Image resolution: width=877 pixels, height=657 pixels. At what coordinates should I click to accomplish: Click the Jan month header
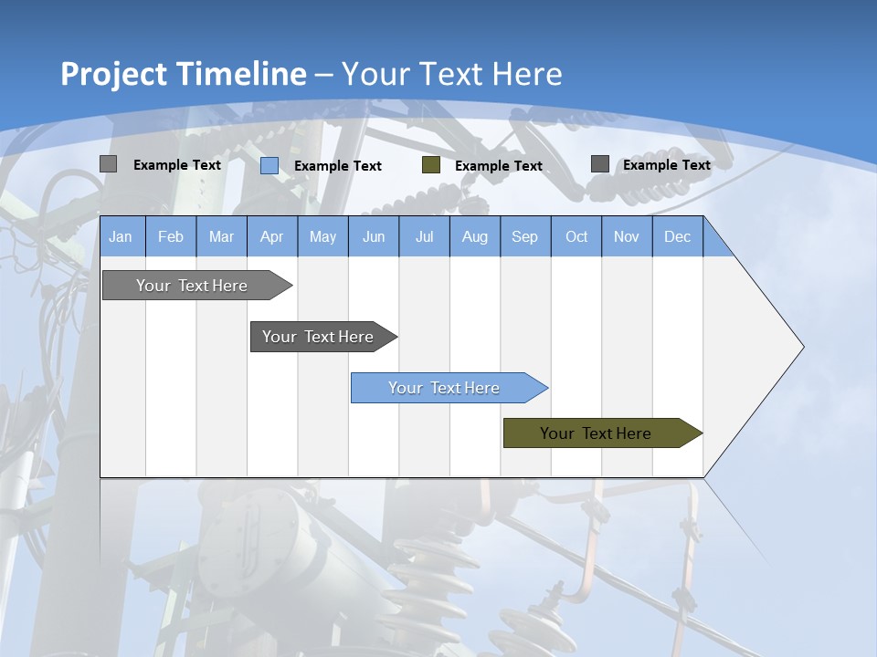click(x=121, y=237)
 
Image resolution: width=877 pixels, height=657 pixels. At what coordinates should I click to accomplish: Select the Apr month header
click(x=271, y=237)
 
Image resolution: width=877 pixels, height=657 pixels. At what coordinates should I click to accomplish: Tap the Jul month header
click(x=424, y=237)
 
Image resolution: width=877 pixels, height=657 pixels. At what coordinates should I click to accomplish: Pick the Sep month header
click(x=524, y=237)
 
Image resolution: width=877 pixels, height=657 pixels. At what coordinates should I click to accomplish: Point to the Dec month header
click(x=677, y=237)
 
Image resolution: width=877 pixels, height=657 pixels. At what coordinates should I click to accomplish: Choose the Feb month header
click(x=171, y=237)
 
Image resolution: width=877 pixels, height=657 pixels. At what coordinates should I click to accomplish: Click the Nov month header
click(x=626, y=237)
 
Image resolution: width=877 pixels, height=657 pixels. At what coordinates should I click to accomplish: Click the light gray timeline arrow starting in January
click(x=192, y=286)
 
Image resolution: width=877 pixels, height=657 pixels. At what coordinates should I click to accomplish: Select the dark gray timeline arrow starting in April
click(x=318, y=337)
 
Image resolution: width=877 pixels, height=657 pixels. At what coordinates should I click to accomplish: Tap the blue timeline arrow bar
click(x=444, y=388)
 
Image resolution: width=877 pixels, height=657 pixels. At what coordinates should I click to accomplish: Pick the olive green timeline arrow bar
click(x=596, y=433)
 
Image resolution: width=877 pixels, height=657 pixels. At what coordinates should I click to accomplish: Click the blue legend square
click(x=269, y=165)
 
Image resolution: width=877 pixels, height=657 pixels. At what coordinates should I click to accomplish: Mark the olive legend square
click(x=431, y=165)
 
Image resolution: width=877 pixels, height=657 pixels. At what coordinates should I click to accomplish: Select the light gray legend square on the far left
click(x=109, y=164)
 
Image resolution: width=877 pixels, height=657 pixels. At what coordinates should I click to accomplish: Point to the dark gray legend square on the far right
click(x=600, y=164)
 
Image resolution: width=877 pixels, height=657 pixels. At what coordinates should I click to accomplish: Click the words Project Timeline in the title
click(x=183, y=74)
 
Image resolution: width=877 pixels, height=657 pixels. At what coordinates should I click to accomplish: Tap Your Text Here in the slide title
click(x=452, y=74)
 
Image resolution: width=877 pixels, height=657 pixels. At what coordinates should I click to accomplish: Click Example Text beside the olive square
click(x=498, y=166)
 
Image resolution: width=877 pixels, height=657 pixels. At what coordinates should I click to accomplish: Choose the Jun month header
click(x=374, y=237)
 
